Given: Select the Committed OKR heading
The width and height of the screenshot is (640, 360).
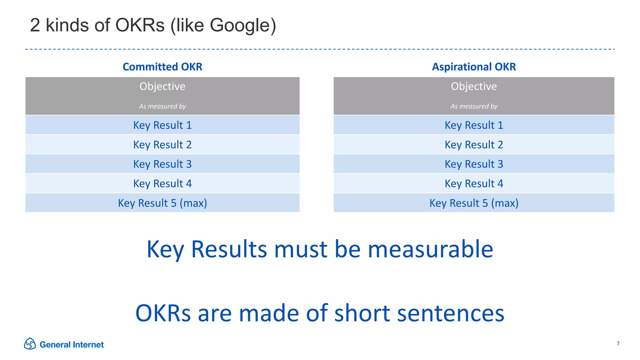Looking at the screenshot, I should point(162,67).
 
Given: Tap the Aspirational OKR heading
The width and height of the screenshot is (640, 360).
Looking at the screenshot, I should point(474,67).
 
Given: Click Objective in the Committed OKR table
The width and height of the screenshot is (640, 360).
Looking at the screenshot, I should point(162,86).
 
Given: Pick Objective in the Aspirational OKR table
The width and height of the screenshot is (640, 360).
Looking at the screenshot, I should point(474,86).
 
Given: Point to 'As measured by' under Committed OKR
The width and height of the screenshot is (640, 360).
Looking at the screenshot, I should point(162,106).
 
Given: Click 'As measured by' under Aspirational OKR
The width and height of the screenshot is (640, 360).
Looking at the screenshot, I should point(474,106).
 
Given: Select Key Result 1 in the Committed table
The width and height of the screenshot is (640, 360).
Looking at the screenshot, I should point(162,125).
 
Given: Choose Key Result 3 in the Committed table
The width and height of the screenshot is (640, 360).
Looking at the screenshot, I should point(162,164).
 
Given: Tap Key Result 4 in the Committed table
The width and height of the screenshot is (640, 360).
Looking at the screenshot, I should point(162,183).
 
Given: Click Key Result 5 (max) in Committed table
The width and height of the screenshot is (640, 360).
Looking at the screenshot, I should point(162,203).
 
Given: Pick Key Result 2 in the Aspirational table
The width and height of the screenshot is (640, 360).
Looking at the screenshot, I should point(474,145).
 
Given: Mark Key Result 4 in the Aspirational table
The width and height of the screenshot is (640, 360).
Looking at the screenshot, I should point(474,183).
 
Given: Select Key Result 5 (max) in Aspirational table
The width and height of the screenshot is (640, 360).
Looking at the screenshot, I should point(474,203).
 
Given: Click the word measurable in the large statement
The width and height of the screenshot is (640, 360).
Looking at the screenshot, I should point(430,249).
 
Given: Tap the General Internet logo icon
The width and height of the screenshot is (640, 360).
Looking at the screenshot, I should point(30,344).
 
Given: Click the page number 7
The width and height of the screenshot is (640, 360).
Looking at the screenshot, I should point(618,343).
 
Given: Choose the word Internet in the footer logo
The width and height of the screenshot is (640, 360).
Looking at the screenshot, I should point(88,345).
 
